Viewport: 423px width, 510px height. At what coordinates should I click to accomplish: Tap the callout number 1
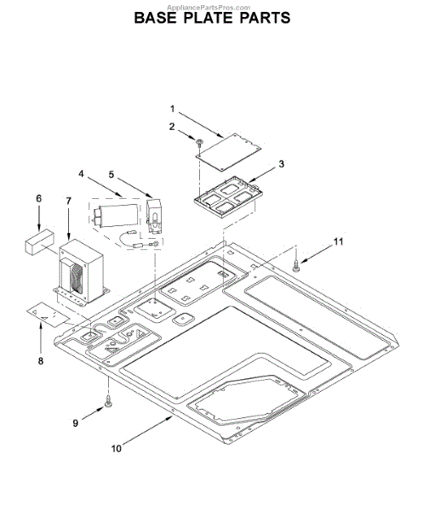[172, 109]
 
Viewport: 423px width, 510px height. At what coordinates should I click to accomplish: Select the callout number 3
[281, 164]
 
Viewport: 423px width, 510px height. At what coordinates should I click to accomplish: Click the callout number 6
[39, 198]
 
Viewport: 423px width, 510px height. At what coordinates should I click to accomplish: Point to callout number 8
[40, 360]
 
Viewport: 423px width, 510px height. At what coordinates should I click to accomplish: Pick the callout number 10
[117, 449]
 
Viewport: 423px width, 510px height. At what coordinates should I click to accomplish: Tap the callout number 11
[339, 241]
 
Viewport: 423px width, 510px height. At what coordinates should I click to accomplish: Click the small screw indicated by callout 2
[199, 143]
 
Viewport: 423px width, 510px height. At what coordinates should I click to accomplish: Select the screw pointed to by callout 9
[108, 402]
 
